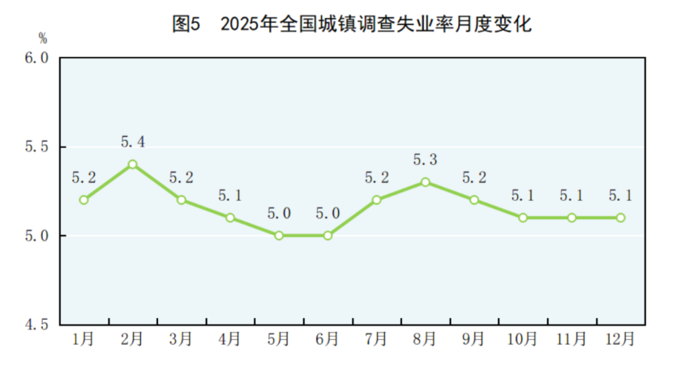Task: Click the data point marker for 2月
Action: [132, 164]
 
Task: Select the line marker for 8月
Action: [425, 182]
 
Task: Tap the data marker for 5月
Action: [279, 236]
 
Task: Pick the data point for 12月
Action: [620, 218]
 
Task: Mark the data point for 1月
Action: [84, 200]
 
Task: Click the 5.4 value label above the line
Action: [132, 142]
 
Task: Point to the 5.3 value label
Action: [425, 160]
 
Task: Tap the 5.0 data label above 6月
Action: [328, 214]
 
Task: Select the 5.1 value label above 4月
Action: [230, 196]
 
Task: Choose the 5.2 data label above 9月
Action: [473, 177]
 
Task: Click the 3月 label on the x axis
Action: [181, 339]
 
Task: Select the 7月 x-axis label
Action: [376, 339]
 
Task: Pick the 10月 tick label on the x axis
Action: [522, 339]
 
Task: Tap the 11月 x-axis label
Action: [571, 339]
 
